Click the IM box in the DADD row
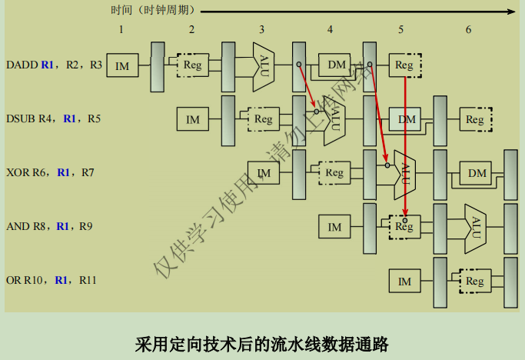point(122,66)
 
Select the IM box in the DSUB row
point(193,120)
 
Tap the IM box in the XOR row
point(264,174)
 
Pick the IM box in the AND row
point(334,227)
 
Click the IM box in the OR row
point(404,282)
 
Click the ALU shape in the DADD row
point(264,62)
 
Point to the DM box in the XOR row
point(477,173)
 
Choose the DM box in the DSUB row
point(406,119)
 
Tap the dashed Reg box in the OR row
point(474,282)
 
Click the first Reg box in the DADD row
point(192,65)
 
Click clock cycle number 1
point(121,29)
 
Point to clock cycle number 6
point(468,29)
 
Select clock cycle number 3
point(262,29)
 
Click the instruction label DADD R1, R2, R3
point(54,65)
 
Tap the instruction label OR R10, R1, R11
point(51,280)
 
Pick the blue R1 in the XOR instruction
point(65,172)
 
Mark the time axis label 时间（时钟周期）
point(153,11)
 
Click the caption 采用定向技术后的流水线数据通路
point(262,343)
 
